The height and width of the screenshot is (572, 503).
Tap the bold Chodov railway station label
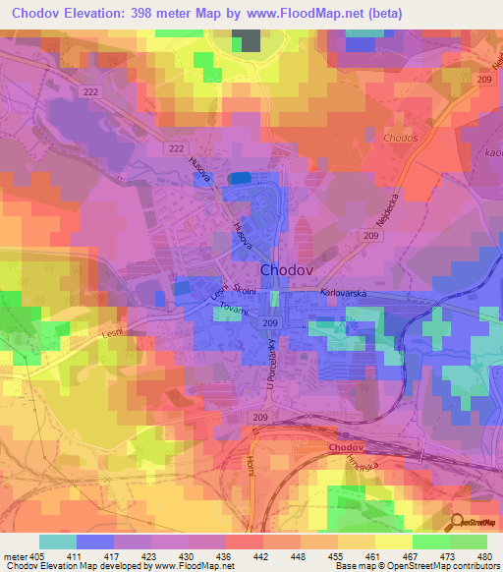pyautogui.click(x=347, y=447)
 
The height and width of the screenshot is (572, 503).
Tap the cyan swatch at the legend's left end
pyautogui.click(x=57, y=541)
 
